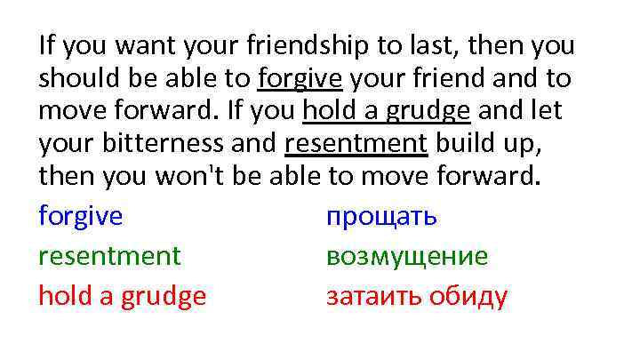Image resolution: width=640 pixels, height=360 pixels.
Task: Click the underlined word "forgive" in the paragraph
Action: [x=300, y=79]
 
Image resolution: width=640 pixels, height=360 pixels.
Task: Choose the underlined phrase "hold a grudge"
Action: [x=387, y=114]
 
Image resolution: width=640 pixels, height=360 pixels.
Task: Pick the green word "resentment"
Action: [x=109, y=257]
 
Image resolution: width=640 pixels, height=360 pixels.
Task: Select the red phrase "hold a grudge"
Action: [x=122, y=296]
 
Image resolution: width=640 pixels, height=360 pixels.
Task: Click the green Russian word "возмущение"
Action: [x=407, y=257]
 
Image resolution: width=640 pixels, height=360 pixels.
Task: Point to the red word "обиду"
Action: [x=468, y=296]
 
